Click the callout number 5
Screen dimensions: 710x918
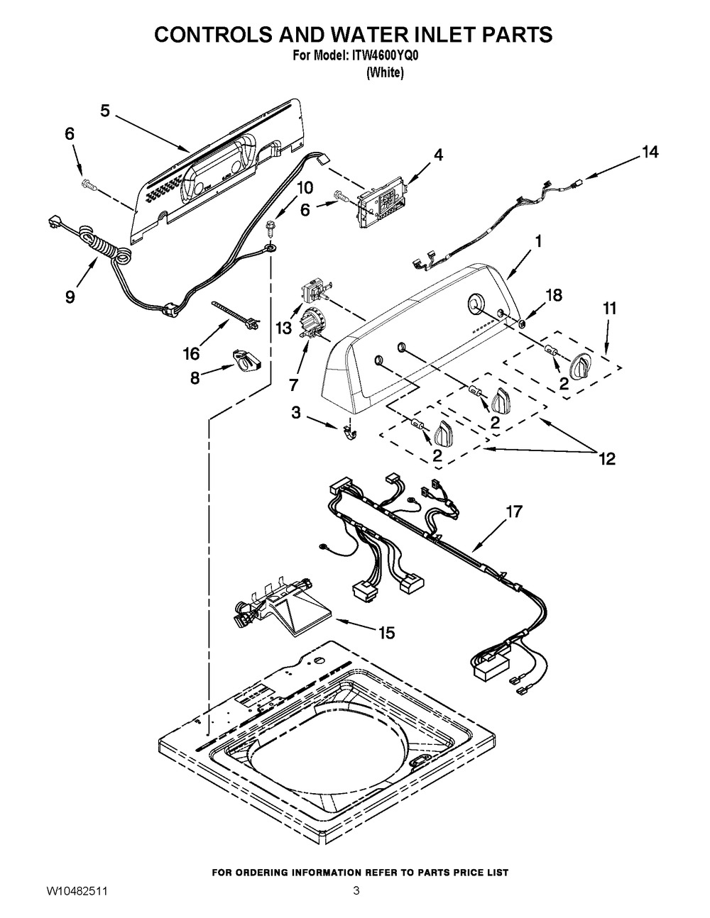[105, 111]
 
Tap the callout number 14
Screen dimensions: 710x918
[650, 152]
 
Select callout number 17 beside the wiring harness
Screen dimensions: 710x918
[513, 511]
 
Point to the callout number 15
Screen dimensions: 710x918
[387, 632]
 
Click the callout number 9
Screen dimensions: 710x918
[70, 297]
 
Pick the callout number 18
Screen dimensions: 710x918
[553, 295]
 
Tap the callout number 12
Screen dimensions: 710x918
[607, 458]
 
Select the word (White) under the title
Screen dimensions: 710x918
[385, 73]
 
